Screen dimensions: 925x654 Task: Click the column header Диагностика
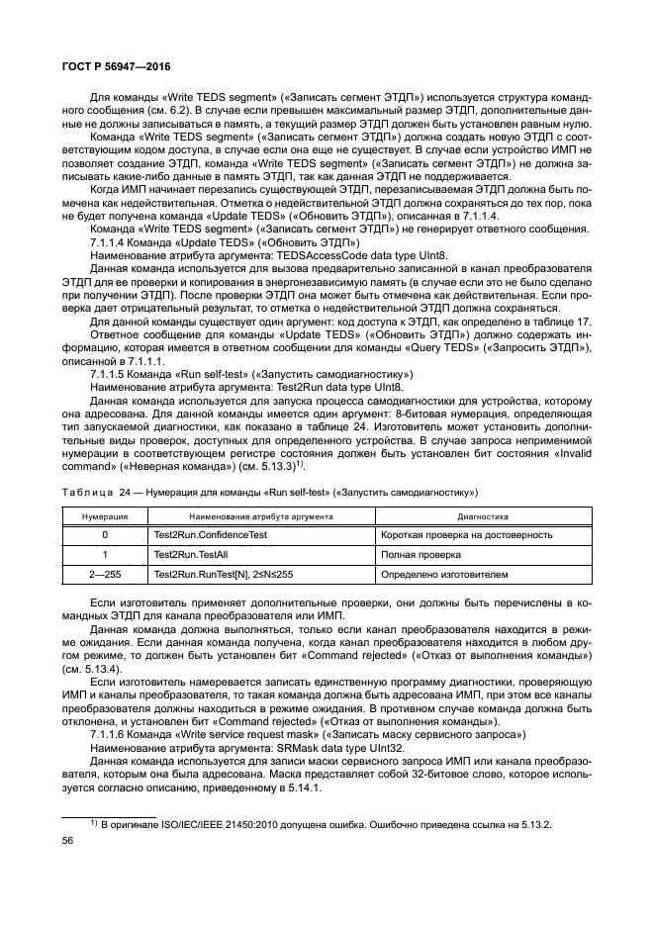(x=482, y=515)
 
